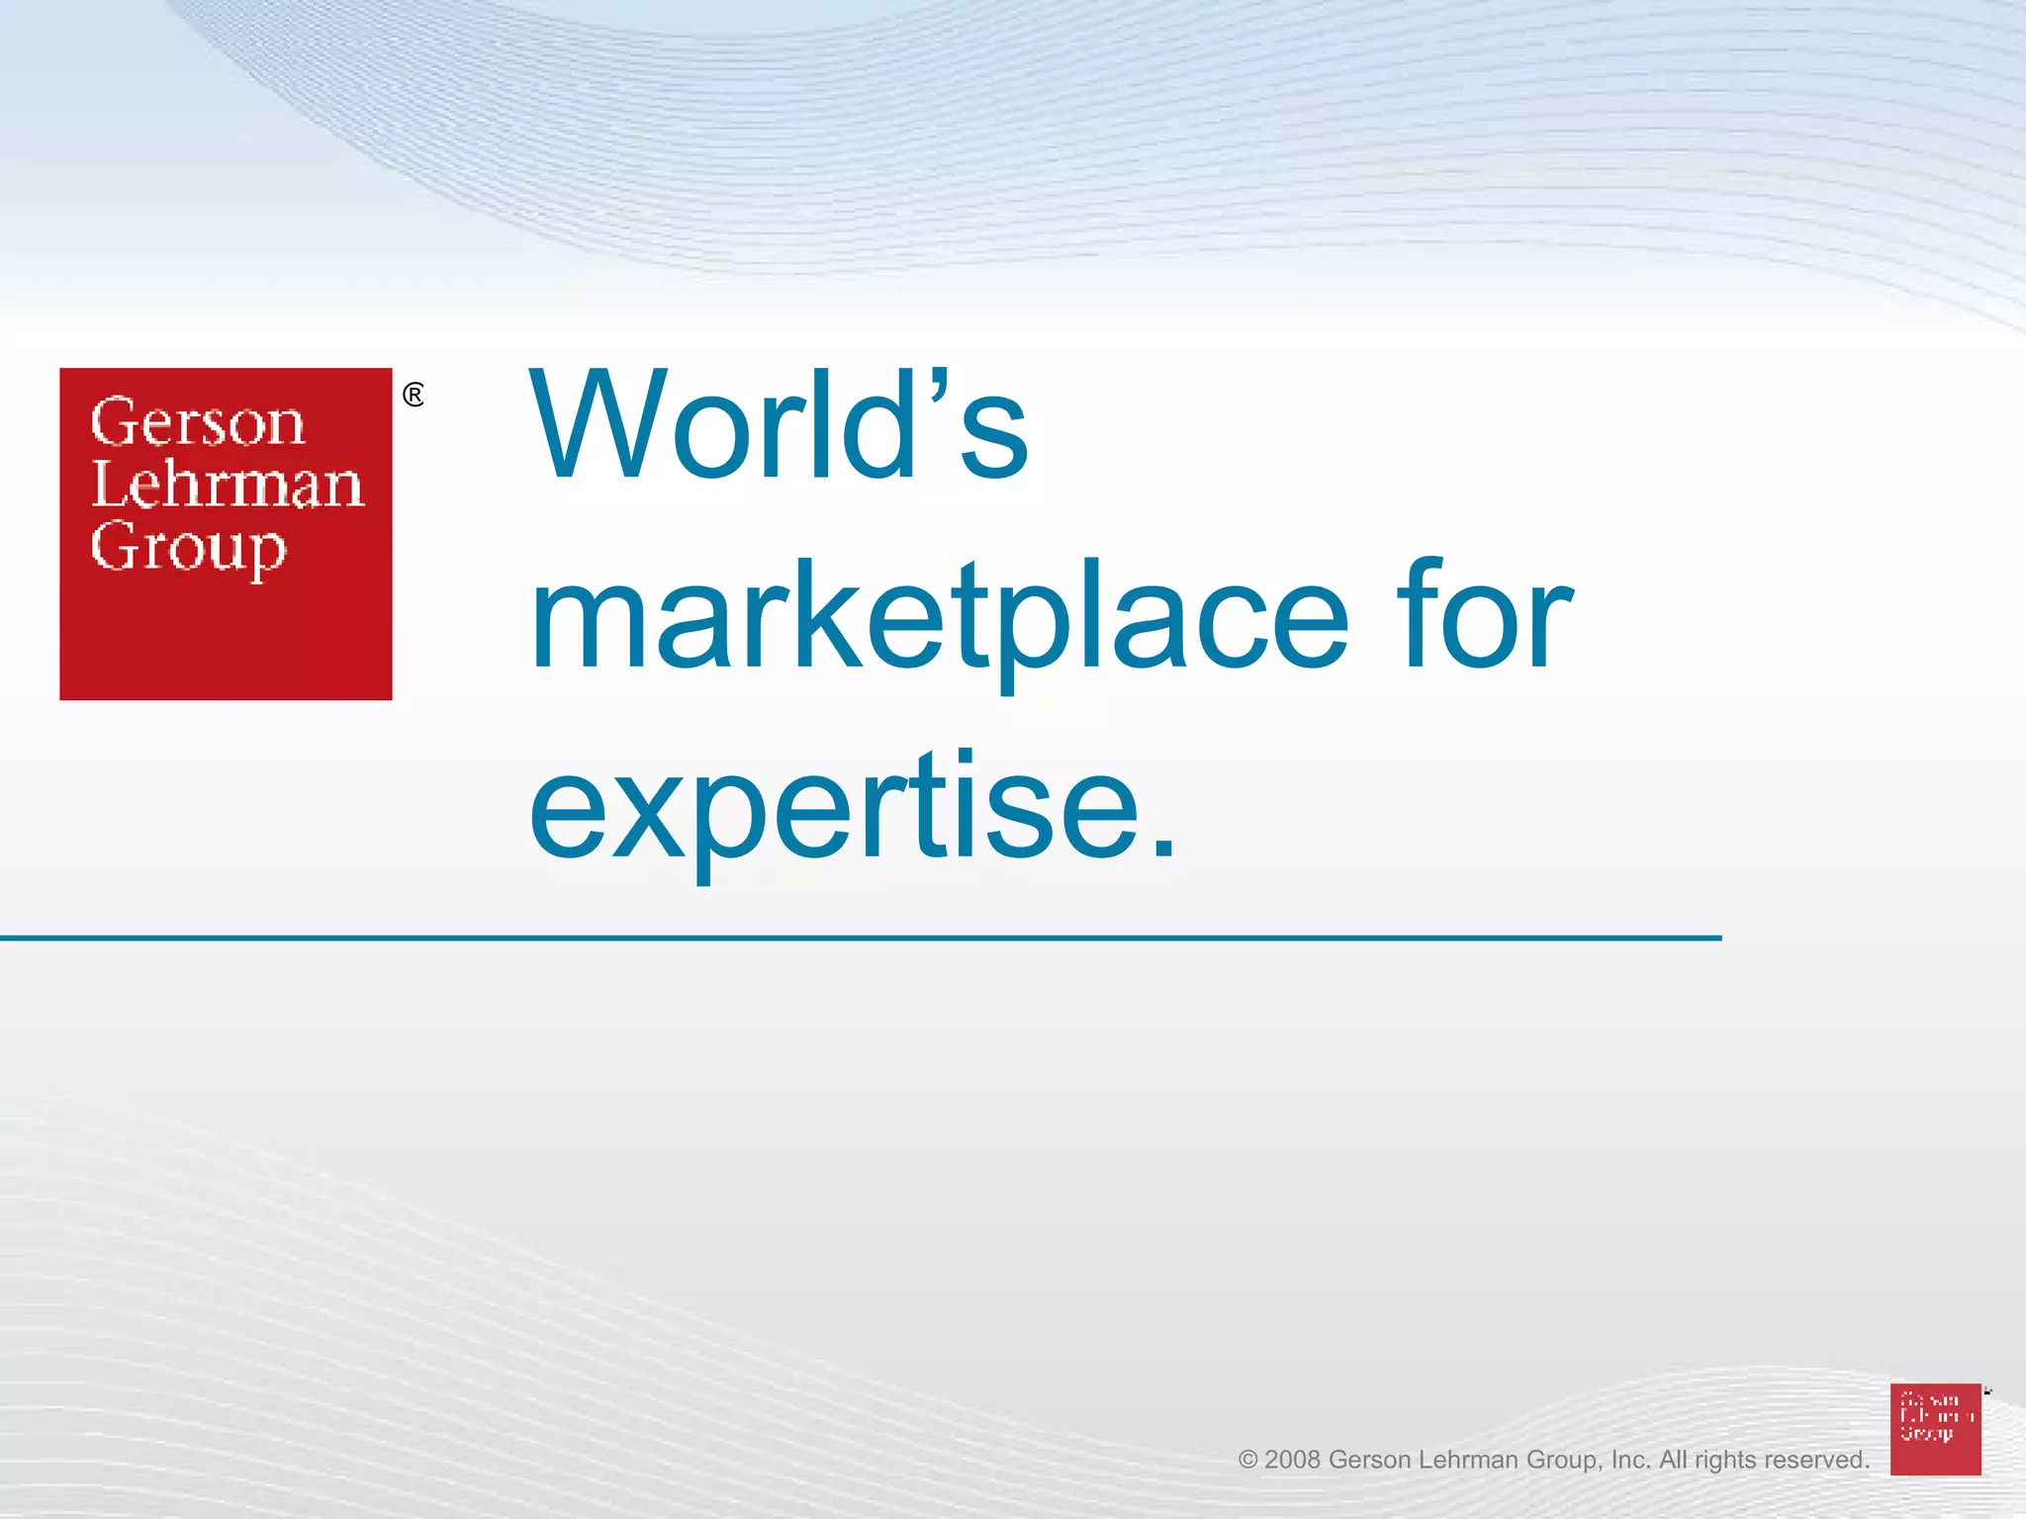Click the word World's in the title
780,427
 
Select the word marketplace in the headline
940,618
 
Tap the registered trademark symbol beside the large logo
414,396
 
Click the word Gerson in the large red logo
198,423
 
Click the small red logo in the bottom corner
1935,1429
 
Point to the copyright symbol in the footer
1247,1461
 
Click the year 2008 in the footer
1292,1461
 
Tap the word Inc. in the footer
1630,1461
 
